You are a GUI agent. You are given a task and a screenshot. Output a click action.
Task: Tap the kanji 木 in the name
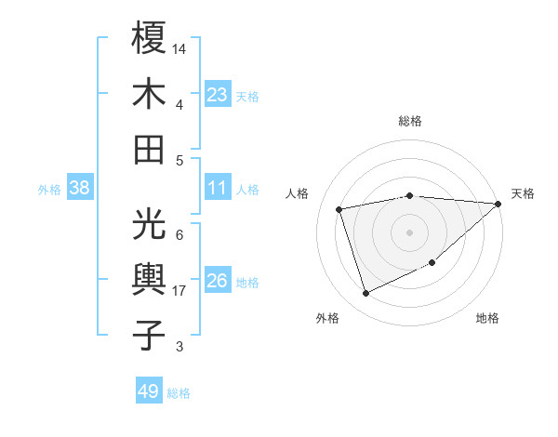[x=150, y=94]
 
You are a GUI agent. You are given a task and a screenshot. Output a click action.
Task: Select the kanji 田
[x=150, y=149]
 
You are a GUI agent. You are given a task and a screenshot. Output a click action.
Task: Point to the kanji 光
[x=150, y=223]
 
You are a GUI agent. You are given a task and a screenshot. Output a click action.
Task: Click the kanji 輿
[x=150, y=279]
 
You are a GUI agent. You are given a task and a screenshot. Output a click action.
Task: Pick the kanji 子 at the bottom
[x=150, y=335]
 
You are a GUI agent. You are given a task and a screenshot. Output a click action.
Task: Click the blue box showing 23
[x=218, y=95]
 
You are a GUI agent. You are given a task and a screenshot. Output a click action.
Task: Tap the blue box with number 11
[x=218, y=188]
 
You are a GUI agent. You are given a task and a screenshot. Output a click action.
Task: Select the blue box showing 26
[x=218, y=282]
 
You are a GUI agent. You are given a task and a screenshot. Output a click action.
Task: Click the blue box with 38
[x=79, y=188]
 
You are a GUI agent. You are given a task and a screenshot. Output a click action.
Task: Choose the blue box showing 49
[x=149, y=391]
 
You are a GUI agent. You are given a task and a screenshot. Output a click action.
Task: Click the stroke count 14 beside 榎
[x=179, y=47]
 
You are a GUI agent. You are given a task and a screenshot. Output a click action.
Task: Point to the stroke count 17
[x=179, y=291]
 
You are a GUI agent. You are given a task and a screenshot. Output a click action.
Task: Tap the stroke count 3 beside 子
[x=179, y=347]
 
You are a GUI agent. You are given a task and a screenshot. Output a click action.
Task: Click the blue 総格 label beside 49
[x=179, y=393]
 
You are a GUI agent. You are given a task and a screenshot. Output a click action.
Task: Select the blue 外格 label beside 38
[x=49, y=190]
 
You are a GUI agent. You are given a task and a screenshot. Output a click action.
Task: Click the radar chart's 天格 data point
[x=498, y=205]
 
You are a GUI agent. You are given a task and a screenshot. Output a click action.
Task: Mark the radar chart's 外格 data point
[x=365, y=294]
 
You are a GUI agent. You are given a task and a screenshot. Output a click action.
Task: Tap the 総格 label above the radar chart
[x=409, y=121]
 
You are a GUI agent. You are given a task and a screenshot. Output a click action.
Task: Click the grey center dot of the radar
[x=409, y=232]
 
